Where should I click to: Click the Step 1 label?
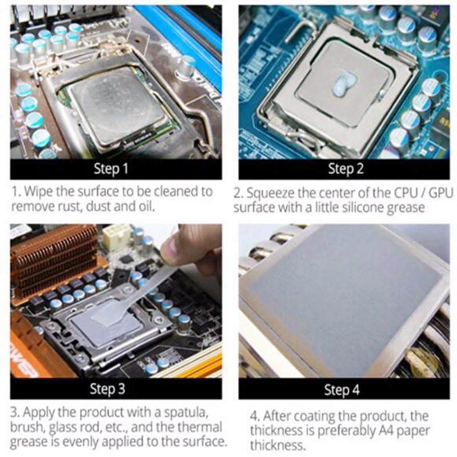tap(111, 169)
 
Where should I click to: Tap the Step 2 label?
tap(346, 169)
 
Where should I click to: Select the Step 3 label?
tap(107, 389)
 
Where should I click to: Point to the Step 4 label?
tap(342, 390)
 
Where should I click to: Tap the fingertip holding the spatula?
tap(171, 248)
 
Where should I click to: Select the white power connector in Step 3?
tap(117, 236)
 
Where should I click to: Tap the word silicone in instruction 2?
tap(363, 207)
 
